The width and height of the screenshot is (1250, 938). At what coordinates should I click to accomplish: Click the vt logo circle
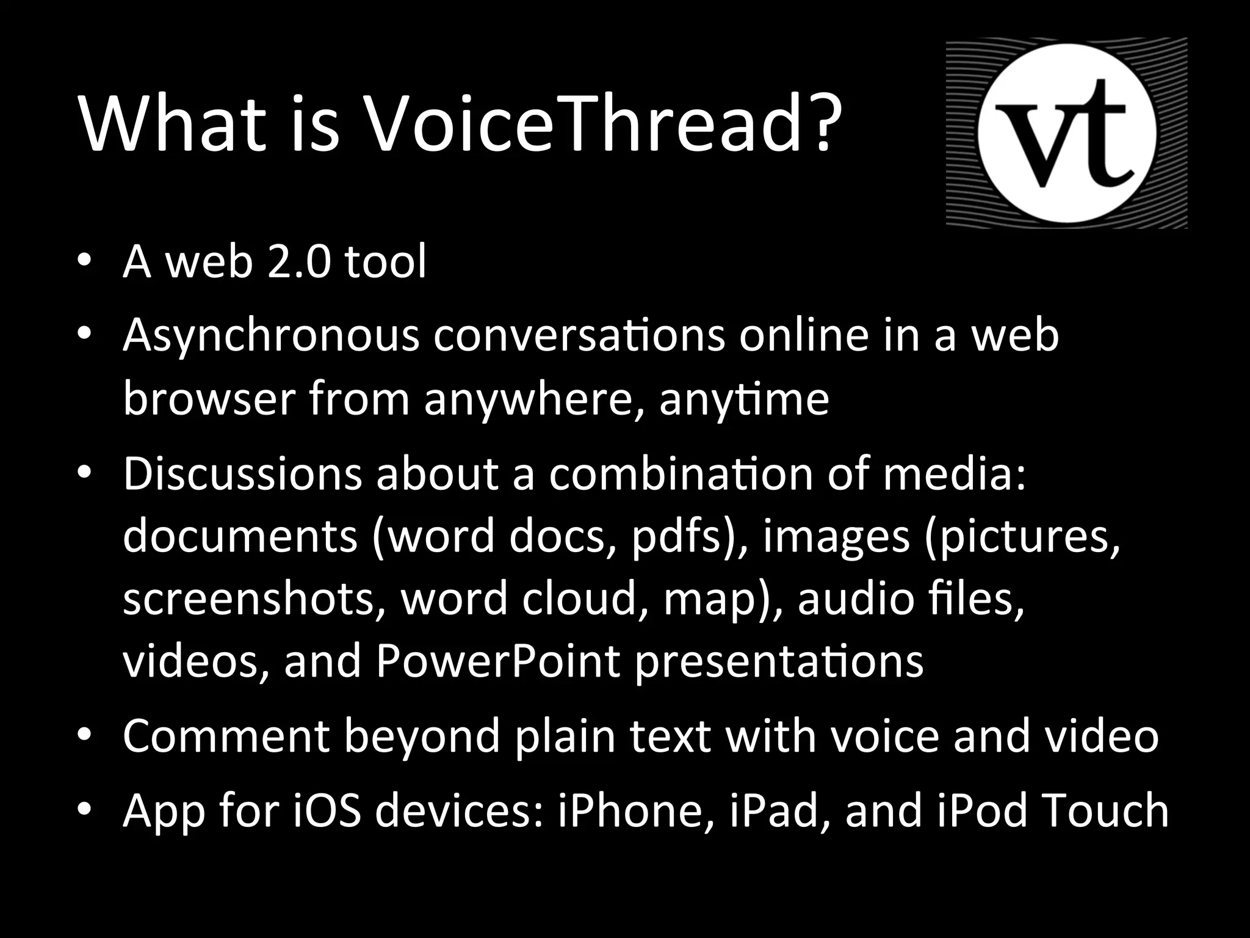pos(1066,133)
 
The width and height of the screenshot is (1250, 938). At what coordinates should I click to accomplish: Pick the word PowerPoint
pos(497,662)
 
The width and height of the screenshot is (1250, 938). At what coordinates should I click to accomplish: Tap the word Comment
pos(226,736)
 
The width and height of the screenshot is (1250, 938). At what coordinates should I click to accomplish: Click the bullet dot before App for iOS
pos(85,811)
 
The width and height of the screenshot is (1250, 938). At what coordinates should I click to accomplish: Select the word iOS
pos(327,811)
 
